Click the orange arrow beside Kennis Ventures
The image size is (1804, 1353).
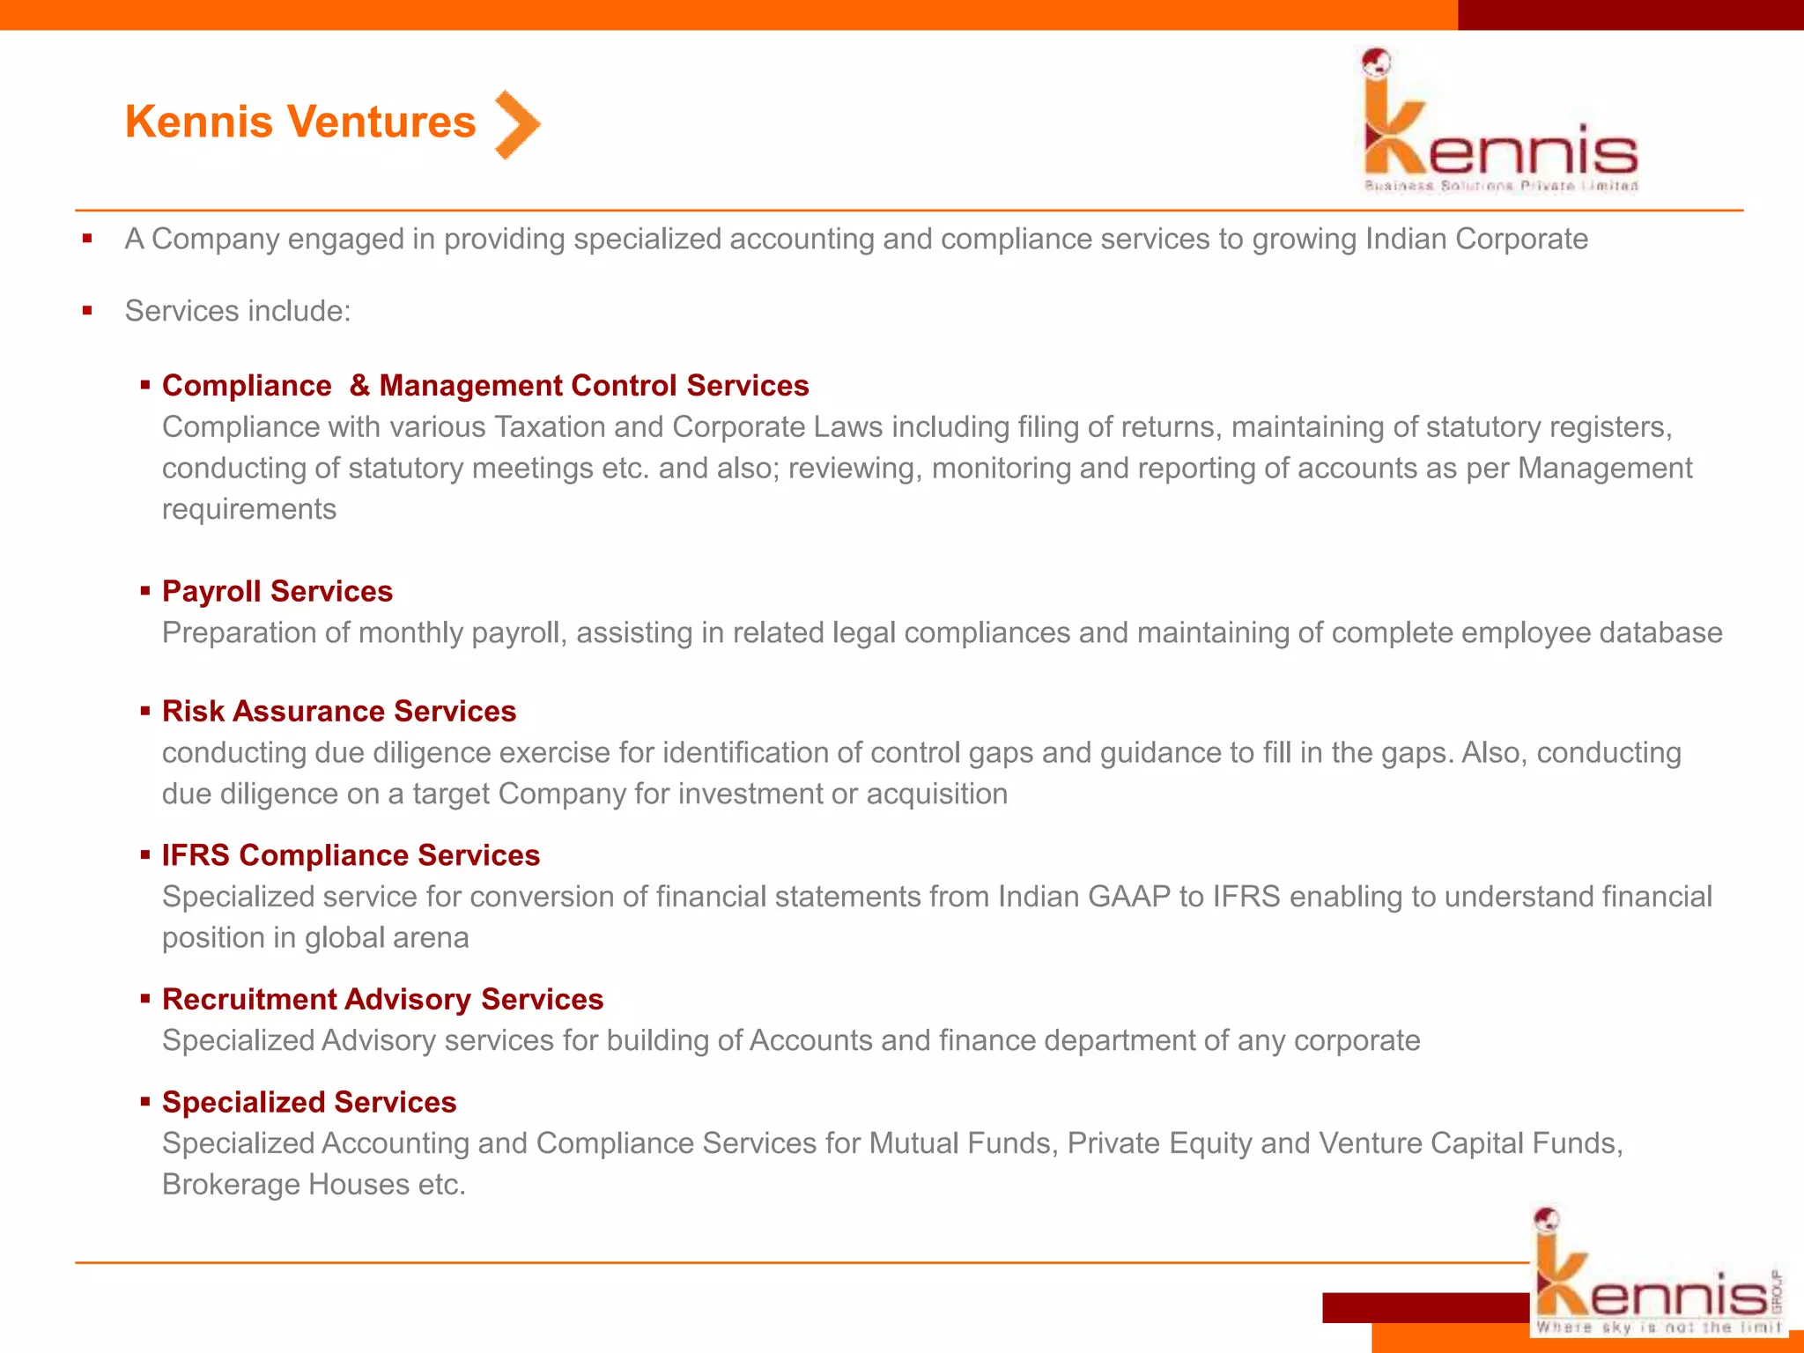click(x=517, y=124)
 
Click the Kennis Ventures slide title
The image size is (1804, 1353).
click(x=300, y=122)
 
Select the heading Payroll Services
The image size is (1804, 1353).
click(x=277, y=591)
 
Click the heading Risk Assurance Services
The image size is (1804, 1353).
click(x=339, y=711)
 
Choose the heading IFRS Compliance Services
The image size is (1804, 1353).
click(x=351, y=855)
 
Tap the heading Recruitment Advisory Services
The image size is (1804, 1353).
click(x=383, y=999)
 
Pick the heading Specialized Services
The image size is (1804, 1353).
click(x=309, y=1102)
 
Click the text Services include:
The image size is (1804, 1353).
click(x=238, y=311)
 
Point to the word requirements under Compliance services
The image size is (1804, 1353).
click(x=249, y=509)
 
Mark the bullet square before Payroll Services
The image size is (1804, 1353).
click(x=145, y=591)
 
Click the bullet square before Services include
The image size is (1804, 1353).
click(x=87, y=310)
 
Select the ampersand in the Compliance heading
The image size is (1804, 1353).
click(x=359, y=386)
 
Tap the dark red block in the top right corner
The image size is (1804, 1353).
click(x=1630, y=15)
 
